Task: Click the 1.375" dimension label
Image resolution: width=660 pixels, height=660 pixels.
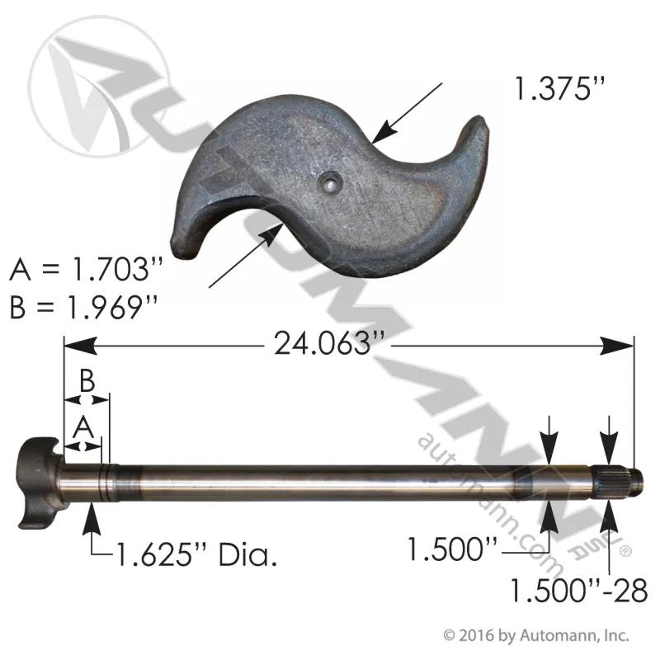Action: point(560,88)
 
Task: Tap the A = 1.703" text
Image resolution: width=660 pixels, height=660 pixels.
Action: point(86,269)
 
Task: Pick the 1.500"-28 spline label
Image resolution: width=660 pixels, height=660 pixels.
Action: point(579,590)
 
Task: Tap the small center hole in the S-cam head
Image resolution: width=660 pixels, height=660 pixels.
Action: point(332,182)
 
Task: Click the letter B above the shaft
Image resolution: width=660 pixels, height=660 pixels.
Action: point(87,381)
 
